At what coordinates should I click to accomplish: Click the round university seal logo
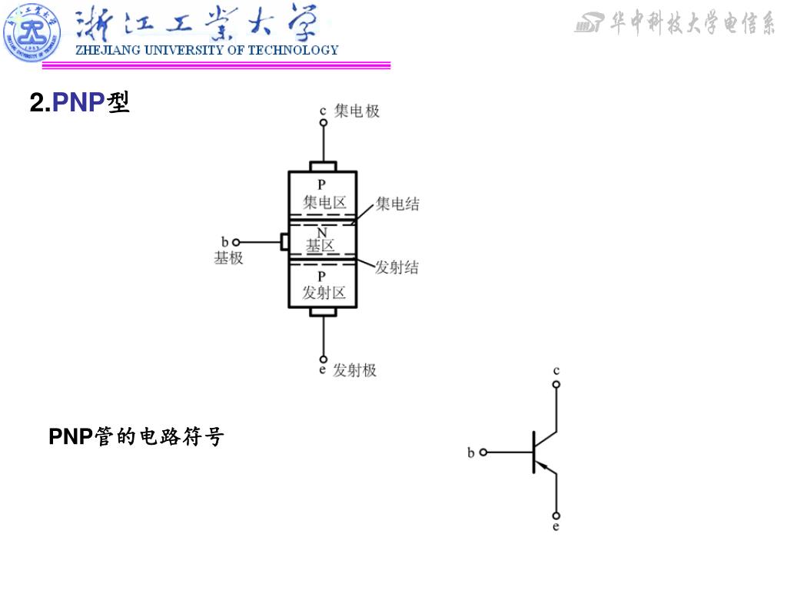click(x=32, y=32)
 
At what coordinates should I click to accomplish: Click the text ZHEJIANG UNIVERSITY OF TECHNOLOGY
click(x=206, y=50)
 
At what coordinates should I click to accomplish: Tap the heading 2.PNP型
click(x=79, y=102)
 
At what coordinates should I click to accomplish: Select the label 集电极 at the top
click(x=357, y=111)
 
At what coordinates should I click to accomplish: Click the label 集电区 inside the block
click(x=324, y=203)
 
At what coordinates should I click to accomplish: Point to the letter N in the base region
click(x=322, y=232)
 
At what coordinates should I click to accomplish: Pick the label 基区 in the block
click(x=321, y=247)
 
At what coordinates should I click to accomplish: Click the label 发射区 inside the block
click(x=324, y=293)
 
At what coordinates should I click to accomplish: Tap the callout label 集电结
click(x=397, y=204)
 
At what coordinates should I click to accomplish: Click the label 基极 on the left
click(x=228, y=258)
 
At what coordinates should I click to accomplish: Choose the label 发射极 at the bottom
click(x=354, y=370)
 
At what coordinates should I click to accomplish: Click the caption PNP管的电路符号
click(x=136, y=437)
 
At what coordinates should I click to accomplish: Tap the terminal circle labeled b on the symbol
click(x=483, y=452)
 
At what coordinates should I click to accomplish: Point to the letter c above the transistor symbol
click(x=556, y=370)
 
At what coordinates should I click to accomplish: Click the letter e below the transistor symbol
click(x=556, y=527)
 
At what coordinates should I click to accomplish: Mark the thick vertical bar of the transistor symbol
click(x=533, y=452)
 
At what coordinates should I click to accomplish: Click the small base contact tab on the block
click(x=285, y=242)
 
